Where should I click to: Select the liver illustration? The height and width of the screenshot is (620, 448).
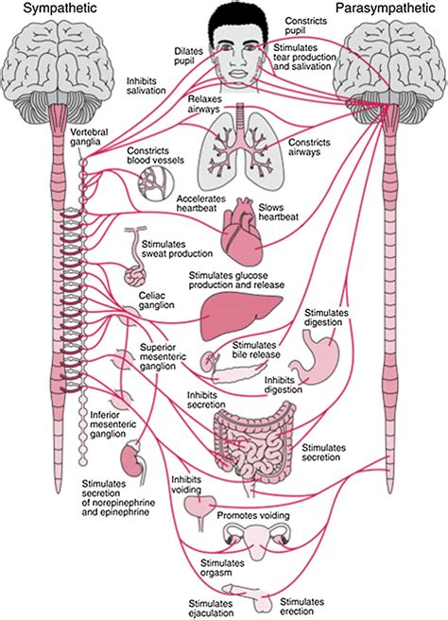pyautogui.click(x=240, y=312)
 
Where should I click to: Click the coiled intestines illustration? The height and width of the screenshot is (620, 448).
pyautogui.click(x=252, y=440)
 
